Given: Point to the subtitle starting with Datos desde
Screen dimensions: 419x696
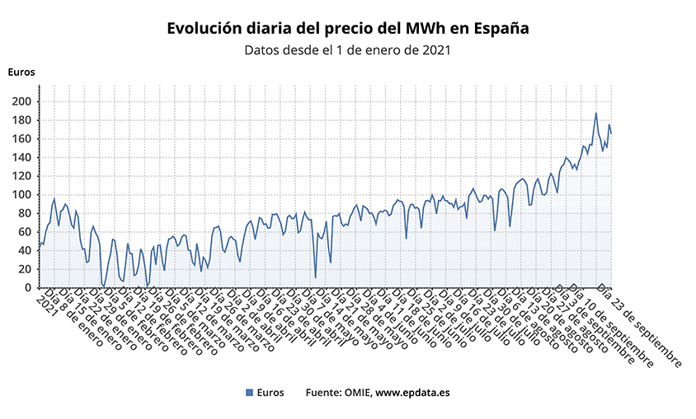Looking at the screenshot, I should tap(347, 50).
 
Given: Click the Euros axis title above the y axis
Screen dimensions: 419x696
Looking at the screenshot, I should tap(21, 72).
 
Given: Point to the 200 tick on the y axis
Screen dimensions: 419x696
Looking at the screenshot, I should tap(21, 101).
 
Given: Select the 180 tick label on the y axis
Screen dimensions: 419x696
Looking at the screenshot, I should tap(21, 120).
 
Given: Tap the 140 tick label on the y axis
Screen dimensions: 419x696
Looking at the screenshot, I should tap(21, 157).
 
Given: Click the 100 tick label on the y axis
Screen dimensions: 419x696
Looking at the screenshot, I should tap(21, 195).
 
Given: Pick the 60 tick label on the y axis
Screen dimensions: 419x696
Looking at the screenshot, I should tap(25, 232).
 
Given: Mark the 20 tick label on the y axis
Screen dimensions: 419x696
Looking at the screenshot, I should tap(25, 269).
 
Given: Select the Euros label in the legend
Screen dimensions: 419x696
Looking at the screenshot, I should tap(270, 393).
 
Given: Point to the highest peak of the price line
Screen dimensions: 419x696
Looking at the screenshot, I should tap(595, 114).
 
